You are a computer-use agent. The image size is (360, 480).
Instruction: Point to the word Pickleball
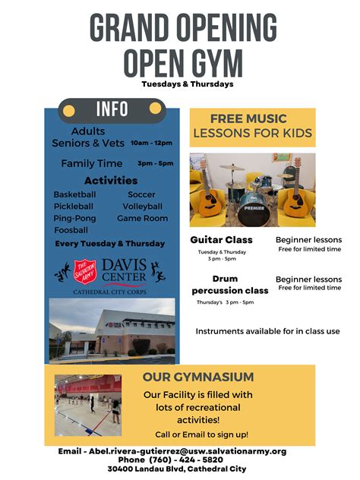click(x=74, y=206)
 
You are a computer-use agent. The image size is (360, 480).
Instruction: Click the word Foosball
click(x=71, y=229)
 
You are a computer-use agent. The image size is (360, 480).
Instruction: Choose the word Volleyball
click(x=142, y=206)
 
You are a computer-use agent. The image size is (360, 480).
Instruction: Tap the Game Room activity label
click(x=142, y=218)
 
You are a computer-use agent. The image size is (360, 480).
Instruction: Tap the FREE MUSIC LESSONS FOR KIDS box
click(x=251, y=127)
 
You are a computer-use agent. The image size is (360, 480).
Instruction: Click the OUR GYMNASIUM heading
click(x=198, y=377)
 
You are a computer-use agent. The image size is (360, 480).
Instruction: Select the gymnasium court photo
click(x=87, y=405)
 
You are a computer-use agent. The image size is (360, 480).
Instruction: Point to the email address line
click(x=172, y=451)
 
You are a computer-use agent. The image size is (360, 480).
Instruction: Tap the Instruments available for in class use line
click(x=267, y=331)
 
